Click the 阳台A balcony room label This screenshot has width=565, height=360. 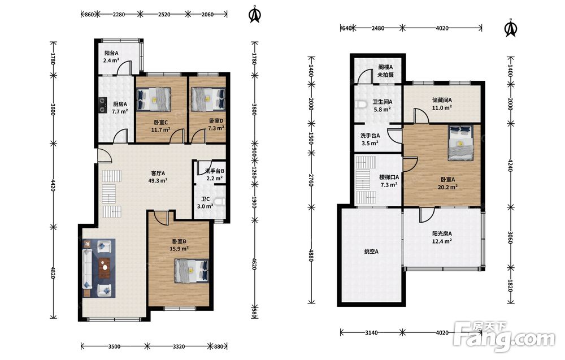click(x=111, y=57)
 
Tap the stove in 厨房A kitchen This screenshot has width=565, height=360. click(x=103, y=105)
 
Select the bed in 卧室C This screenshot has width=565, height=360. click(x=154, y=99)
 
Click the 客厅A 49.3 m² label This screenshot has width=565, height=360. click(x=158, y=176)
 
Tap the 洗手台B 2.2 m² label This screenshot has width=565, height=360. click(x=215, y=175)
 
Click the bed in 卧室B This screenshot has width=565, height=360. click(x=192, y=270)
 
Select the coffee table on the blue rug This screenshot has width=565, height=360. click(x=105, y=268)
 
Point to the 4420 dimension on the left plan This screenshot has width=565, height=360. click(x=53, y=185)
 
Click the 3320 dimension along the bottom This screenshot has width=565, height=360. click(x=179, y=346)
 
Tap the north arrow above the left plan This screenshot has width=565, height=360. click(x=255, y=14)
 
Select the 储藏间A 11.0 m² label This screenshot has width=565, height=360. click(x=442, y=104)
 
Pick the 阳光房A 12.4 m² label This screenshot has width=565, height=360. click(x=442, y=237)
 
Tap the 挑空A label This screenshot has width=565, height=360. click(x=371, y=251)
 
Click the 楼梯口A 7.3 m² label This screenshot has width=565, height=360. click(x=389, y=181)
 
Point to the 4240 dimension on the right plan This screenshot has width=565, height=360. click(x=510, y=164)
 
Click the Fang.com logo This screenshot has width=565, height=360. click(x=504, y=336)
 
